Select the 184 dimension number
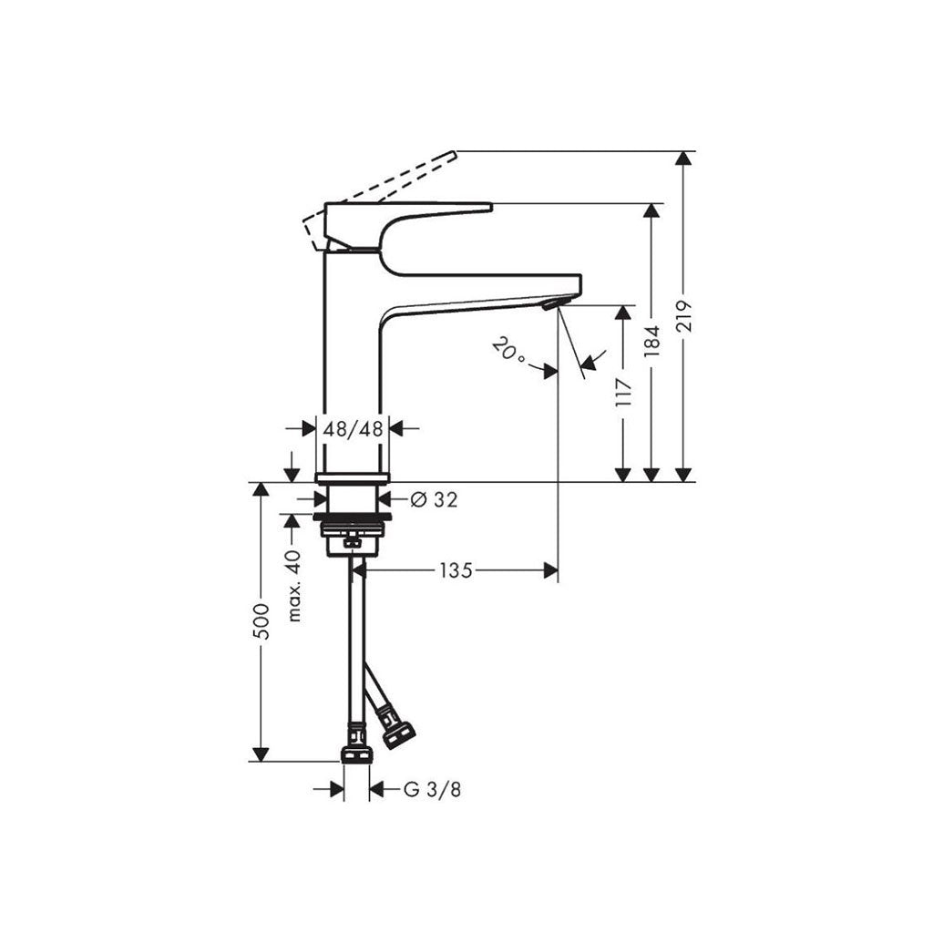(652, 341)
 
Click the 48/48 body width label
(353, 428)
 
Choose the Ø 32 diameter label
(435, 500)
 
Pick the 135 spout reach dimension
(456, 570)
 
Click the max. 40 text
(294, 586)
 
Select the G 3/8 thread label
(432, 790)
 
